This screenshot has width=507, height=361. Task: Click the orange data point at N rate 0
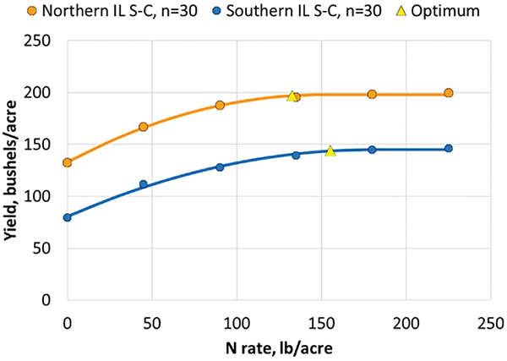pos(68,162)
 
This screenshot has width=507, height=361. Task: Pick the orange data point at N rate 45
pos(144,127)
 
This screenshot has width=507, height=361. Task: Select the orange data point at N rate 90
pos(220,106)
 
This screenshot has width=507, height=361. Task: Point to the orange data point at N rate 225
pos(449,93)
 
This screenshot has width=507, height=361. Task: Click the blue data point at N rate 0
pos(68,217)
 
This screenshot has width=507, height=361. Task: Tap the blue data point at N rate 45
pos(144,184)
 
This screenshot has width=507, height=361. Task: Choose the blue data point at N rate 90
pos(220,167)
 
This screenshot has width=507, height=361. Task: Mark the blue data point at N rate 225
pos(449,149)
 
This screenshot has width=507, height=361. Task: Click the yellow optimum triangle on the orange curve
pos(292,96)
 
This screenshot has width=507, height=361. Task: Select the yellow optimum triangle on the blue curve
pos(330,151)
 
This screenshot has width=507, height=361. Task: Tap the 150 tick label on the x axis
pos(322,322)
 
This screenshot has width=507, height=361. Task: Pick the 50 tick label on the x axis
pos(152,322)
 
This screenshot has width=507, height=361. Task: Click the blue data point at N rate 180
pos(372,150)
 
